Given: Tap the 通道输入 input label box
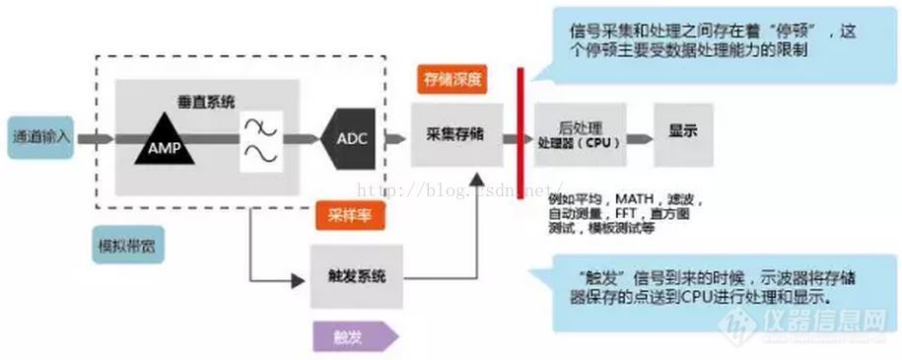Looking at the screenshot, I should (x=39, y=136).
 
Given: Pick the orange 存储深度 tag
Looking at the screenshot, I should (x=453, y=80).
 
